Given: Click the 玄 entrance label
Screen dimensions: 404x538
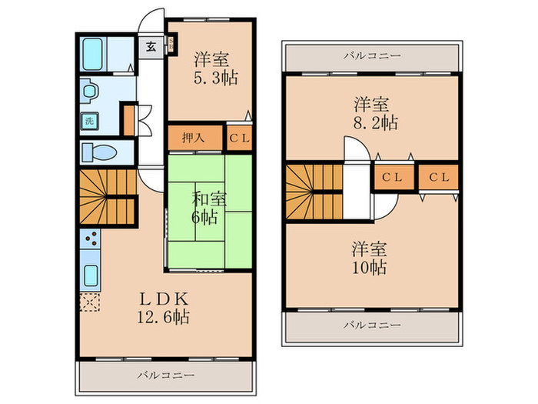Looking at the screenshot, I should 150,43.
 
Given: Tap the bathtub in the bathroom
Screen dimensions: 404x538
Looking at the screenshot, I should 94,54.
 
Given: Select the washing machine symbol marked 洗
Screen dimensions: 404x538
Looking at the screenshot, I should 89,120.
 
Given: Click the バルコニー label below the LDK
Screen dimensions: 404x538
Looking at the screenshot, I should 166,376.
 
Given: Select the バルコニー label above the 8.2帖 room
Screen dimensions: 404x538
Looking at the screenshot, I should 371,55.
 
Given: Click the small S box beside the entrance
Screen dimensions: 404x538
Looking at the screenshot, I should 171,43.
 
